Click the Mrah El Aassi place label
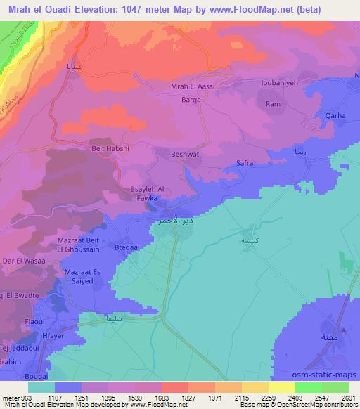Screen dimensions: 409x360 coord(193,86)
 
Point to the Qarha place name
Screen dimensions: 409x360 coord(335,116)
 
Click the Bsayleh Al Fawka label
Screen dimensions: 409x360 coord(148,193)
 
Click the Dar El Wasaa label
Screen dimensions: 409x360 coord(25,261)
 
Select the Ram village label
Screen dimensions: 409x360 coord(273,104)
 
